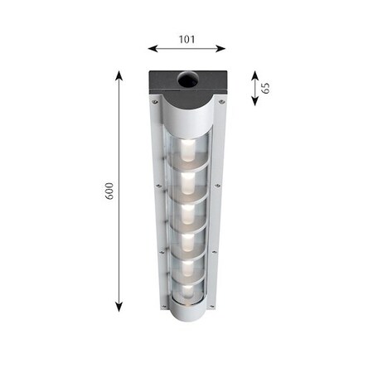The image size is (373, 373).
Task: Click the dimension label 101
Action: (x=187, y=39)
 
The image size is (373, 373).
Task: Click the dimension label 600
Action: (x=109, y=191)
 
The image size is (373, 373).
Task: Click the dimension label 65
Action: (x=265, y=88)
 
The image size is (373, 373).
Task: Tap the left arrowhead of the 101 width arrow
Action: (x=153, y=49)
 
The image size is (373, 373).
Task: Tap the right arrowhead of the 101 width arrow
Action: (x=220, y=49)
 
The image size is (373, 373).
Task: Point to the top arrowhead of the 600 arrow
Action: (x=119, y=75)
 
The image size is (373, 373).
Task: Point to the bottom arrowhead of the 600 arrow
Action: (x=119, y=307)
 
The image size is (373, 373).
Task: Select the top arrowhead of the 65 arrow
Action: (x=254, y=75)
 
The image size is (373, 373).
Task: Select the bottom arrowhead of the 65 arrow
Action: (x=254, y=101)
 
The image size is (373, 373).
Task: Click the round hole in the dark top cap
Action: (x=188, y=80)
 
